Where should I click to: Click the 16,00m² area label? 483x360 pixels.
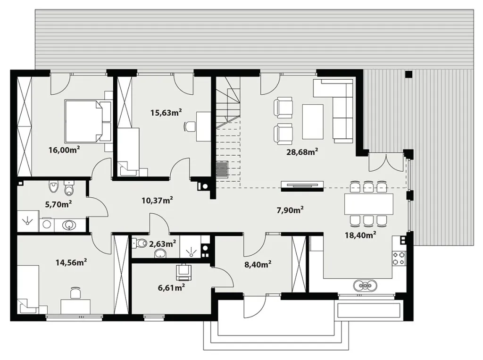64,150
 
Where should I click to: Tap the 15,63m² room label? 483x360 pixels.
166,112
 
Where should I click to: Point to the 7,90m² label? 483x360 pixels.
290,210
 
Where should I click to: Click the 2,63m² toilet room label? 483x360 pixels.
162,244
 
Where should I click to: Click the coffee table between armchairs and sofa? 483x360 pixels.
313,122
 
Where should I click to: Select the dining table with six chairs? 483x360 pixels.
369,204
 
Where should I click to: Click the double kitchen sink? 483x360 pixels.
365,285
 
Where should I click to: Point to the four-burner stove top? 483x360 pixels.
398,258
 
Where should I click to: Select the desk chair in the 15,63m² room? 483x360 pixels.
190,126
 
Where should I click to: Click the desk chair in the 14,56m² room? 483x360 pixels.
75,293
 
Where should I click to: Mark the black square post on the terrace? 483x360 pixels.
408,74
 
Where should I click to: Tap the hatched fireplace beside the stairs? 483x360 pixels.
222,169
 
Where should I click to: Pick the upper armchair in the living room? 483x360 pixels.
283,107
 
